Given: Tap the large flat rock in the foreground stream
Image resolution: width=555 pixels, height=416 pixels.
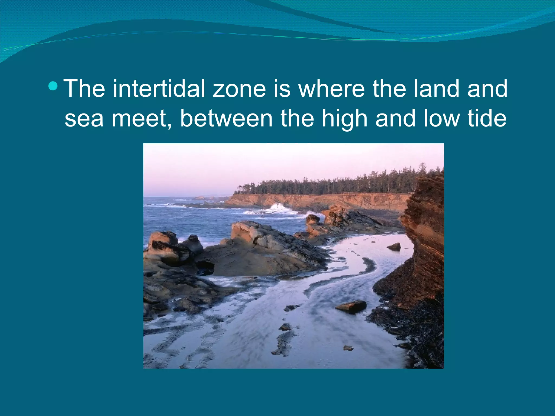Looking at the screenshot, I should (351, 307).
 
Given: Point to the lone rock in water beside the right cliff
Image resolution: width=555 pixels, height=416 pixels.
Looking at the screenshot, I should (395, 246).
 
